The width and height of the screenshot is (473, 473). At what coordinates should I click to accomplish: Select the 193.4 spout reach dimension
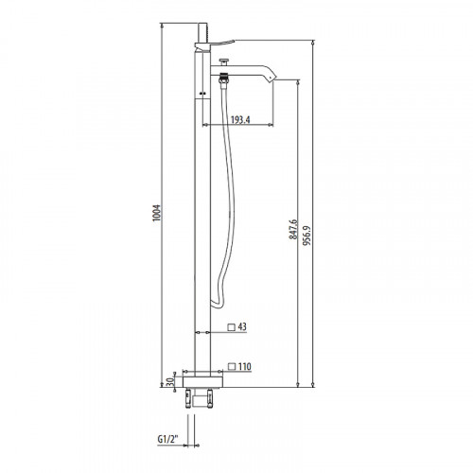click(239, 119)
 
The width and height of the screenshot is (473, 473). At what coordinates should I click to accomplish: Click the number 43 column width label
click(244, 328)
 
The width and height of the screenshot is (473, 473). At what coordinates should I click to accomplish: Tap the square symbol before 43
click(231, 328)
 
